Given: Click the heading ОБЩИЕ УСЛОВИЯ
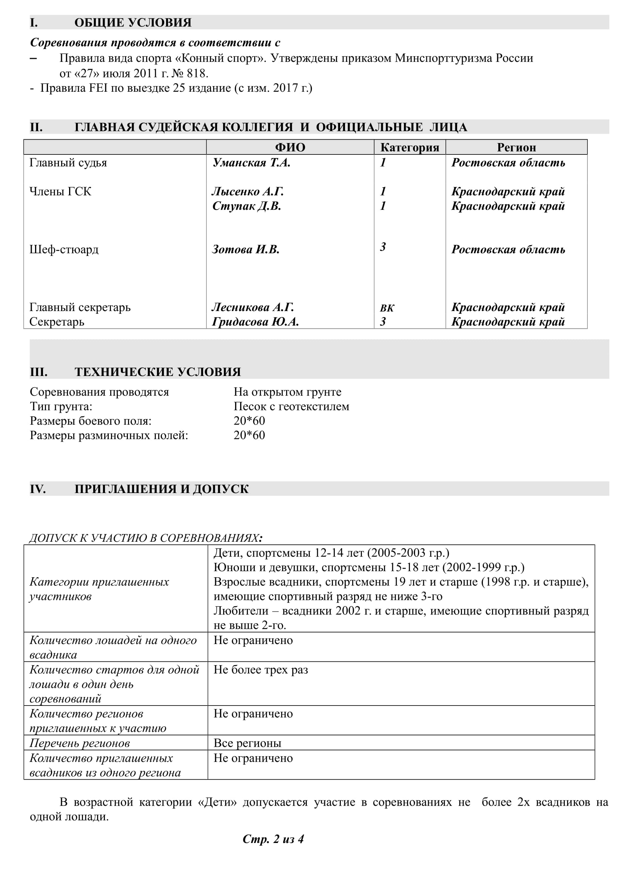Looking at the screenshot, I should coord(133,22).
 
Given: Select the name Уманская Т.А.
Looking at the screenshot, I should coord(251,163).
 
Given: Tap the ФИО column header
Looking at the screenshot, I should coord(290,147).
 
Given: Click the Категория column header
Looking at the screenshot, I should coord(410,147).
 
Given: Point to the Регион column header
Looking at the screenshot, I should coord(516,147).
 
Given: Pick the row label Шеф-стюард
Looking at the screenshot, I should coord(64,250).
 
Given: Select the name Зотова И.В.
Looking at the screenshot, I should coord(246,250).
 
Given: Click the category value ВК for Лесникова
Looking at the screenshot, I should coord(387,308).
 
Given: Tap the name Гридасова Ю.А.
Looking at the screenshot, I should coord(255,322).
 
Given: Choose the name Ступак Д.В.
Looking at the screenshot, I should coord(247,206).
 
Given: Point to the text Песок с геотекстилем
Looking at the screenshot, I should coord(291,407).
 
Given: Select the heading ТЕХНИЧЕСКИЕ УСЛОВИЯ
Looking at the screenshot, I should coord(158,372).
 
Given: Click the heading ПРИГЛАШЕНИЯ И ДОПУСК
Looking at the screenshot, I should coord(162,489).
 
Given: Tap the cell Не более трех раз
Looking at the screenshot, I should coord(261,670).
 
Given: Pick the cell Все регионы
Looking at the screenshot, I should coord(247,743).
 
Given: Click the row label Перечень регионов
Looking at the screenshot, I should coord(80,743).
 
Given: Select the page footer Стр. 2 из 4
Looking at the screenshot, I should coord(273,839).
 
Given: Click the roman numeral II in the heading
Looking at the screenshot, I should coord(36,127).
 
